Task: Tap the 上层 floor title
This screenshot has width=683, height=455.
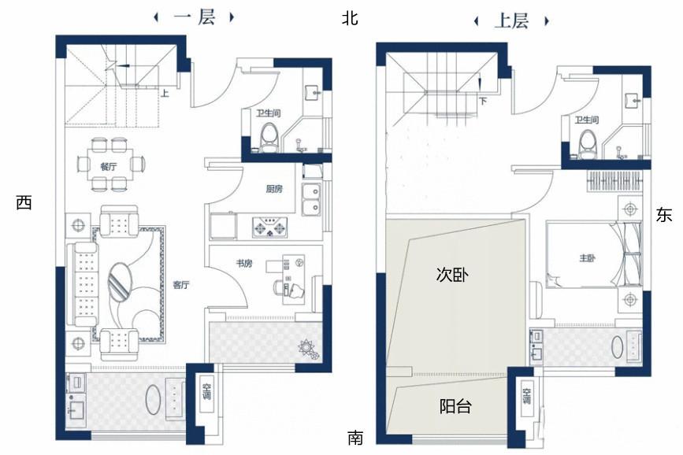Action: [x=511, y=21]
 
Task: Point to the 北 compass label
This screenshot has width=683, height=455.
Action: [x=350, y=18]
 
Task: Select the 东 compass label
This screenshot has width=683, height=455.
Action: [x=663, y=215]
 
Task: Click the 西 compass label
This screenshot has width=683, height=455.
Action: [x=24, y=202]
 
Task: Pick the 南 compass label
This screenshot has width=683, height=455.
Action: [x=355, y=437]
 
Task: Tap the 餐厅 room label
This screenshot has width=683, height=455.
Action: [x=108, y=166]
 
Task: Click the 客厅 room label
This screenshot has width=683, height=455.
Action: [x=180, y=285]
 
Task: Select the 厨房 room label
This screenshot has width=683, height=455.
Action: [x=274, y=189]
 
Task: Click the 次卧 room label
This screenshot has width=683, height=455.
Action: [x=453, y=275]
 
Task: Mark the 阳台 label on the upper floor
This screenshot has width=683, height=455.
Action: [x=455, y=406]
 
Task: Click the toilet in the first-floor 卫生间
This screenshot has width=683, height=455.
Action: [x=269, y=136]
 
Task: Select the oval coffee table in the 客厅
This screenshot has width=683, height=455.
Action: [x=120, y=280]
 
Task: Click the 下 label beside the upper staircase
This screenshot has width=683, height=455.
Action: [x=482, y=100]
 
